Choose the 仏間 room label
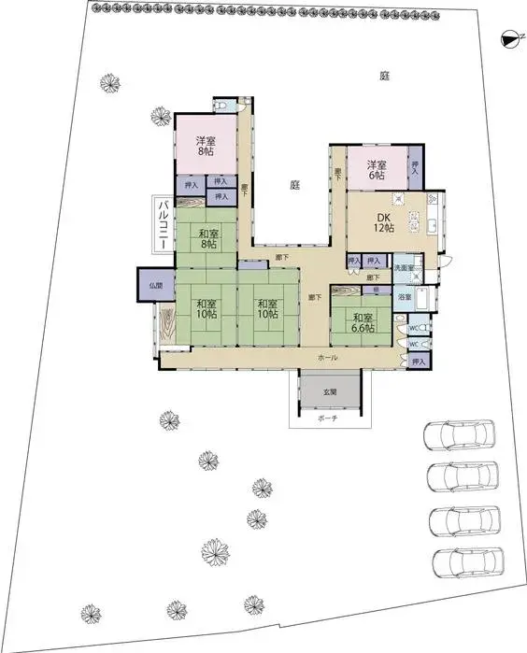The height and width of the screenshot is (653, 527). (155, 285)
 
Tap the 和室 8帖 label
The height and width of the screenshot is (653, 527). (207, 239)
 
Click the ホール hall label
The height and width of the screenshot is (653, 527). (327, 358)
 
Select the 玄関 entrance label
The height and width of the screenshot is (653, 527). (331, 391)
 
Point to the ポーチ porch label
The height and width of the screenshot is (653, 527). (327, 419)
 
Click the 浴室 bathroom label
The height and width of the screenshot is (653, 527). (405, 296)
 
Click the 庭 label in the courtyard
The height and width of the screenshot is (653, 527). (293, 185)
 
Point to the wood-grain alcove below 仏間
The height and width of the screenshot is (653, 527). (166, 327)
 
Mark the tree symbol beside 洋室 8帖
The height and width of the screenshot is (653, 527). (161, 119)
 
